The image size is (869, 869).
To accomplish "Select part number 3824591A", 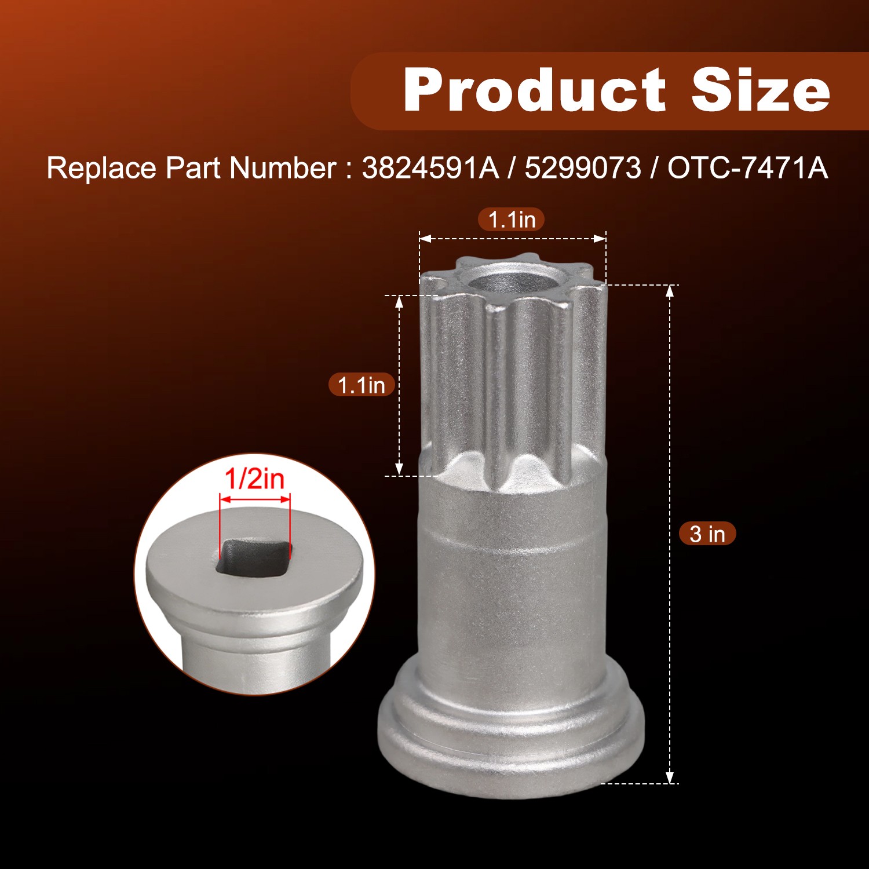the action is pyautogui.click(x=430, y=168).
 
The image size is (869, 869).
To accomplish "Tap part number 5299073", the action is pyautogui.click(x=583, y=168).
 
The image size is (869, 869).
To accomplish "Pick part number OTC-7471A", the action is pyautogui.click(x=747, y=168).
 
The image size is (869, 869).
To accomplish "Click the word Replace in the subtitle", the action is pyautogui.click(x=101, y=169).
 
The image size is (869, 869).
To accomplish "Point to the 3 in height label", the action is pyautogui.click(x=707, y=534).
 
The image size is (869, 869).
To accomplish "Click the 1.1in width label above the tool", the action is pyautogui.click(x=512, y=220).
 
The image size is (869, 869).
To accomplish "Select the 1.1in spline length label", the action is pyautogui.click(x=362, y=385).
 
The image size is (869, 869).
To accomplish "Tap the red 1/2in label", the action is pyautogui.click(x=254, y=479).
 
